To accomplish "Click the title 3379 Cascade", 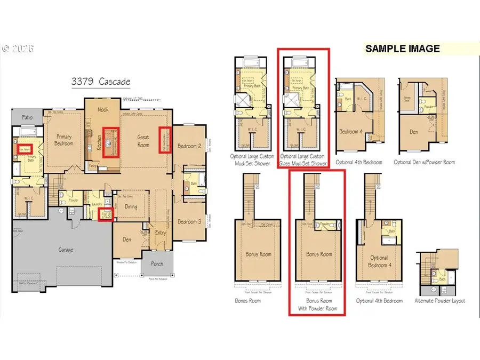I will [x=101, y=82].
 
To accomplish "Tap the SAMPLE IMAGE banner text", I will [x=402, y=49].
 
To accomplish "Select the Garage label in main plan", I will [x=66, y=249].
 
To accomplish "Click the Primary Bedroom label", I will [x=63, y=140].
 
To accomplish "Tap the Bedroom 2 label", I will [x=189, y=146].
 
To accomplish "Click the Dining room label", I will [x=131, y=207].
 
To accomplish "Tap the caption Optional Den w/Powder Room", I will [x=424, y=162].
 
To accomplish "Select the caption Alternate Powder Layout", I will [x=440, y=301].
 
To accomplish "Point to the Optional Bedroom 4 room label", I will [x=379, y=261].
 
